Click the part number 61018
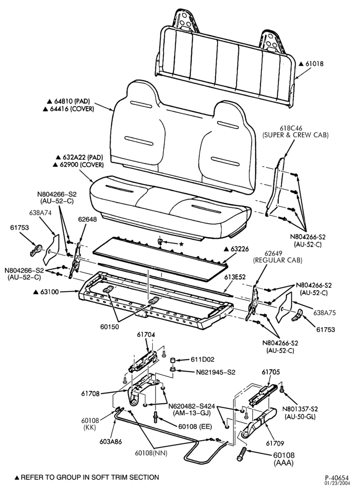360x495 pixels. [x=315, y=63]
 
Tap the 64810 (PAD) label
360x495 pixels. [x=72, y=101]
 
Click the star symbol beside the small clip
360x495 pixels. [x=181, y=244]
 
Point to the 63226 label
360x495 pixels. [x=239, y=249]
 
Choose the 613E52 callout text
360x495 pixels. [x=235, y=277]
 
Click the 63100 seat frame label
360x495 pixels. [x=49, y=292]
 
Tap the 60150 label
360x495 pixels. [x=110, y=327]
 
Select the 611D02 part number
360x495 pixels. [x=202, y=359]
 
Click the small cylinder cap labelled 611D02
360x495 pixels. [x=173, y=360]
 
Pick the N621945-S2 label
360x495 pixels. [x=216, y=372]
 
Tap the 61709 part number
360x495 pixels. [x=275, y=443]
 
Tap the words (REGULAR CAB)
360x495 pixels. [x=277, y=260]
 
